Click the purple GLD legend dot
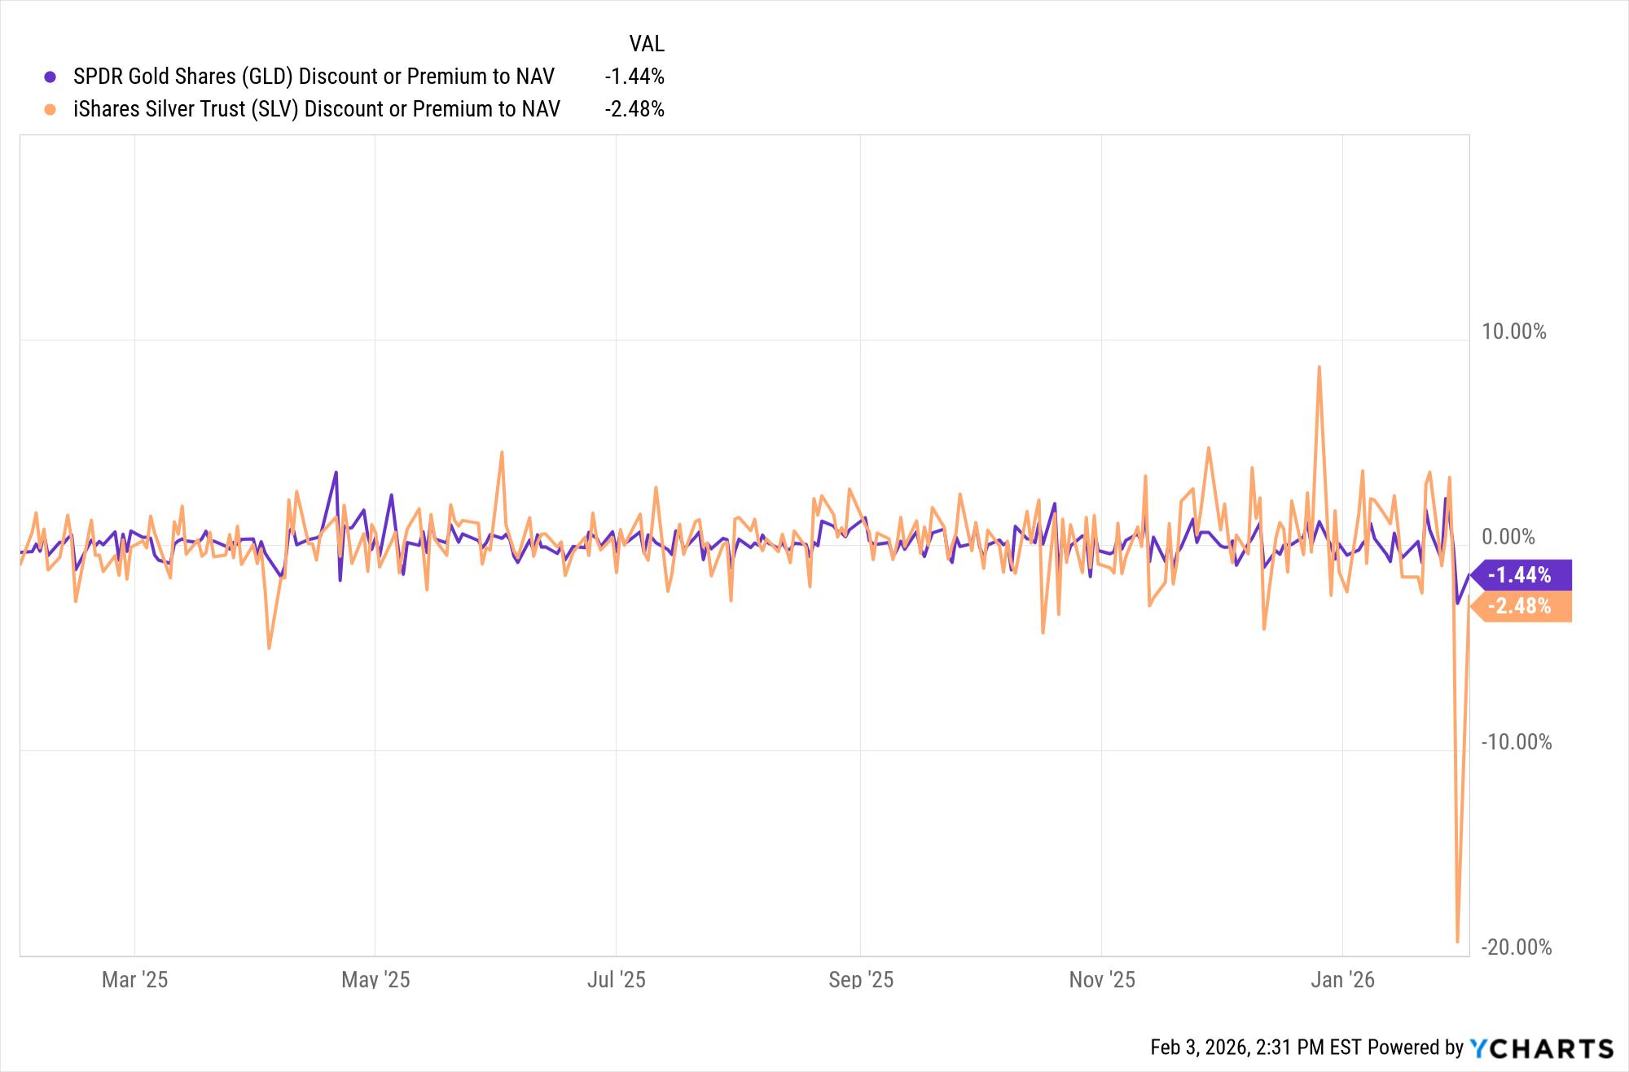click(x=50, y=77)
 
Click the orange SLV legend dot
click(x=50, y=110)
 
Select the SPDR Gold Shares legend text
click(x=314, y=77)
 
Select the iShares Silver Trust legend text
click(x=317, y=109)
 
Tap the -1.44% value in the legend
click(x=634, y=77)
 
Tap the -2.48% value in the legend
click(x=634, y=109)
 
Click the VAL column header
click(x=647, y=43)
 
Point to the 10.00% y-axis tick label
click(x=1513, y=332)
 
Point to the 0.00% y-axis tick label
click(x=1508, y=537)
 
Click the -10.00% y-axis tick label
click(x=1516, y=742)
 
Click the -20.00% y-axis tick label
click(x=1516, y=947)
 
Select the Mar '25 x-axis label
click(x=134, y=979)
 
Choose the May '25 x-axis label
click(x=375, y=979)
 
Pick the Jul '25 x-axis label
click(x=617, y=979)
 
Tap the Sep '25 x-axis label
click(x=861, y=979)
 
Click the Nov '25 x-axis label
click(x=1102, y=979)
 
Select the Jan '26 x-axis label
click(x=1342, y=979)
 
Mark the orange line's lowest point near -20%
click(x=1457, y=942)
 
